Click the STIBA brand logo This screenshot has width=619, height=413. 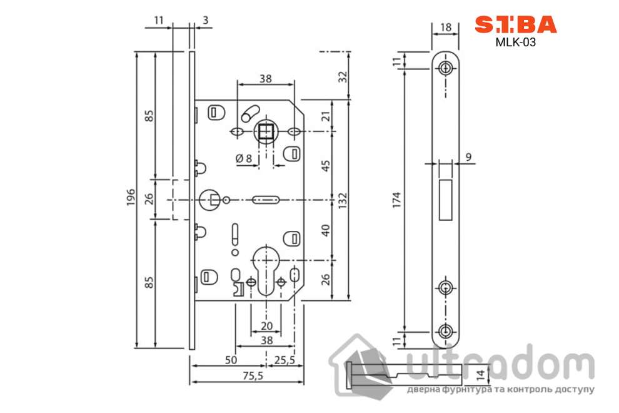coord(515,24)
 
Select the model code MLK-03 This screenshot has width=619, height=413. coord(515,43)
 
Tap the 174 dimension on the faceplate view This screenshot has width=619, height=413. coord(396,198)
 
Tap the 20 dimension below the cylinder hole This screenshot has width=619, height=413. coord(266,325)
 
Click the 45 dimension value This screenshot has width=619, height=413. coord(325,166)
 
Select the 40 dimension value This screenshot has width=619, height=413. coord(325,230)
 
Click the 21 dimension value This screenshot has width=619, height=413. coord(325,116)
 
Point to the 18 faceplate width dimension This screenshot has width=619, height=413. coord(445,27)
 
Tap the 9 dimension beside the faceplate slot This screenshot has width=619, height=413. coord(468,158)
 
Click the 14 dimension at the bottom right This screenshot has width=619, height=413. coord(480,375)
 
